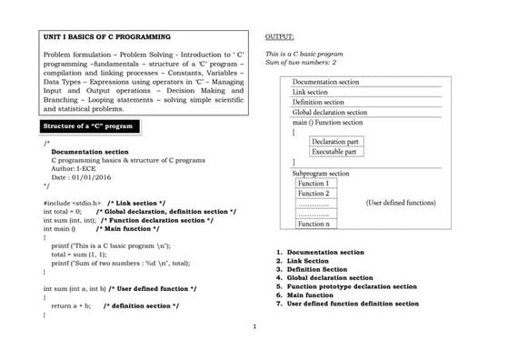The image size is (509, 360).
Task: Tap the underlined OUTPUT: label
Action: [x=280, y=36]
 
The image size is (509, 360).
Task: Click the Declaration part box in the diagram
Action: [x=335, y=142]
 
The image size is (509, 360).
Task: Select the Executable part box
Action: [x=334, y=152]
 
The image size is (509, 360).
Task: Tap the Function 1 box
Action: [x=314, y=184]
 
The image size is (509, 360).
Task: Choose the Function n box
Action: [x=314, y=223]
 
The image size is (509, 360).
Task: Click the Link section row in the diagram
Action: [x=310, y=92]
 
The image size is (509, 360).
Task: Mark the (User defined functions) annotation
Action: [x=400, y=203]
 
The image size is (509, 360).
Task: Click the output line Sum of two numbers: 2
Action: [x=301, y=62]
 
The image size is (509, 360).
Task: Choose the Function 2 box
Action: [x=314, y=194]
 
